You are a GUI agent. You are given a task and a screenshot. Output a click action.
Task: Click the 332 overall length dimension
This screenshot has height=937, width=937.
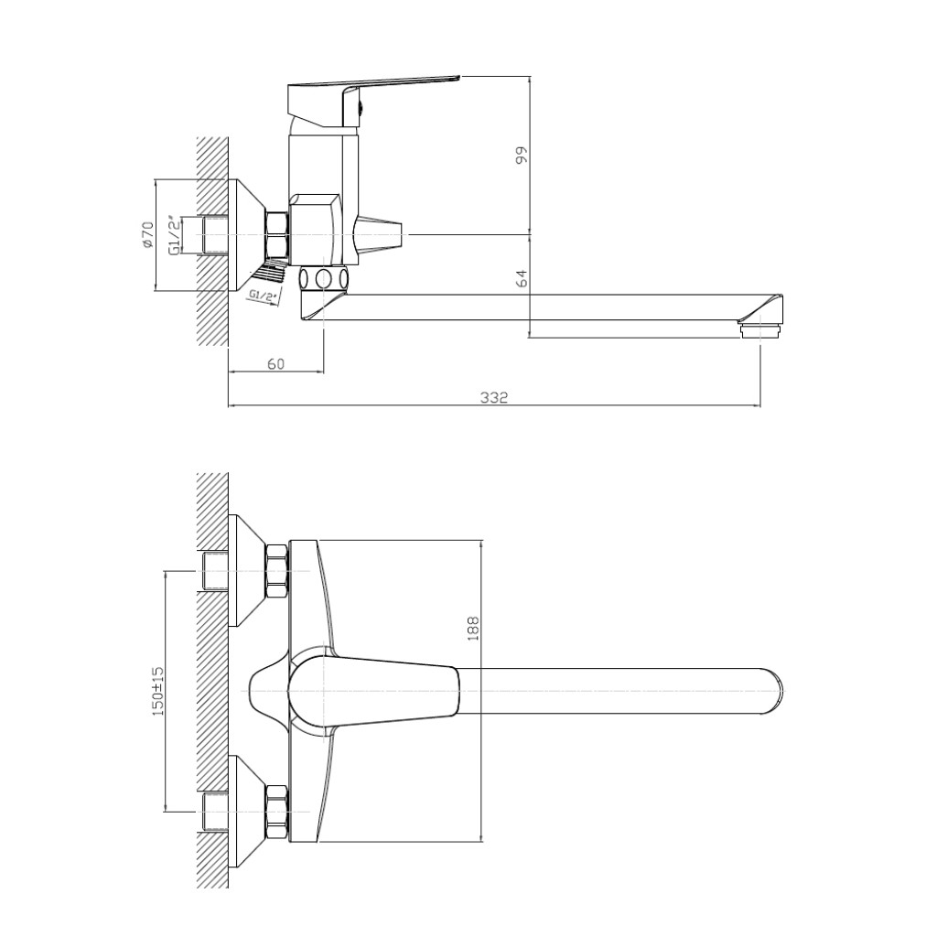(x=494, y=397)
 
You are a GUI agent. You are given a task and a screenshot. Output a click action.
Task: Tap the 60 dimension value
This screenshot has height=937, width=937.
(x=275, y=363)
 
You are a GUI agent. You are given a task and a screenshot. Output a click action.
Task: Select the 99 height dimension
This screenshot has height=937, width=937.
(x=522, y=155)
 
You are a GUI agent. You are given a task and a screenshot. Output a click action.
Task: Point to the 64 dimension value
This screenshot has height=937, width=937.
(x=522, y=278)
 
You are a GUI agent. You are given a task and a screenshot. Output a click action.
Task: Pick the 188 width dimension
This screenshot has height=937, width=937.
(x=473, y=629)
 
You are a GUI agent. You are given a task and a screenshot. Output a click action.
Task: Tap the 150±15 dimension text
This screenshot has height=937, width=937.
(x=158, y=691)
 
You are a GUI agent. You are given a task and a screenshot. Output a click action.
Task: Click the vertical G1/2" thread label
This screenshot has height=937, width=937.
(x=174, y=235)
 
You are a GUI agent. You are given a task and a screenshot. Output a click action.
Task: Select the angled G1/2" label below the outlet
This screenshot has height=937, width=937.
(x=264, y=296)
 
